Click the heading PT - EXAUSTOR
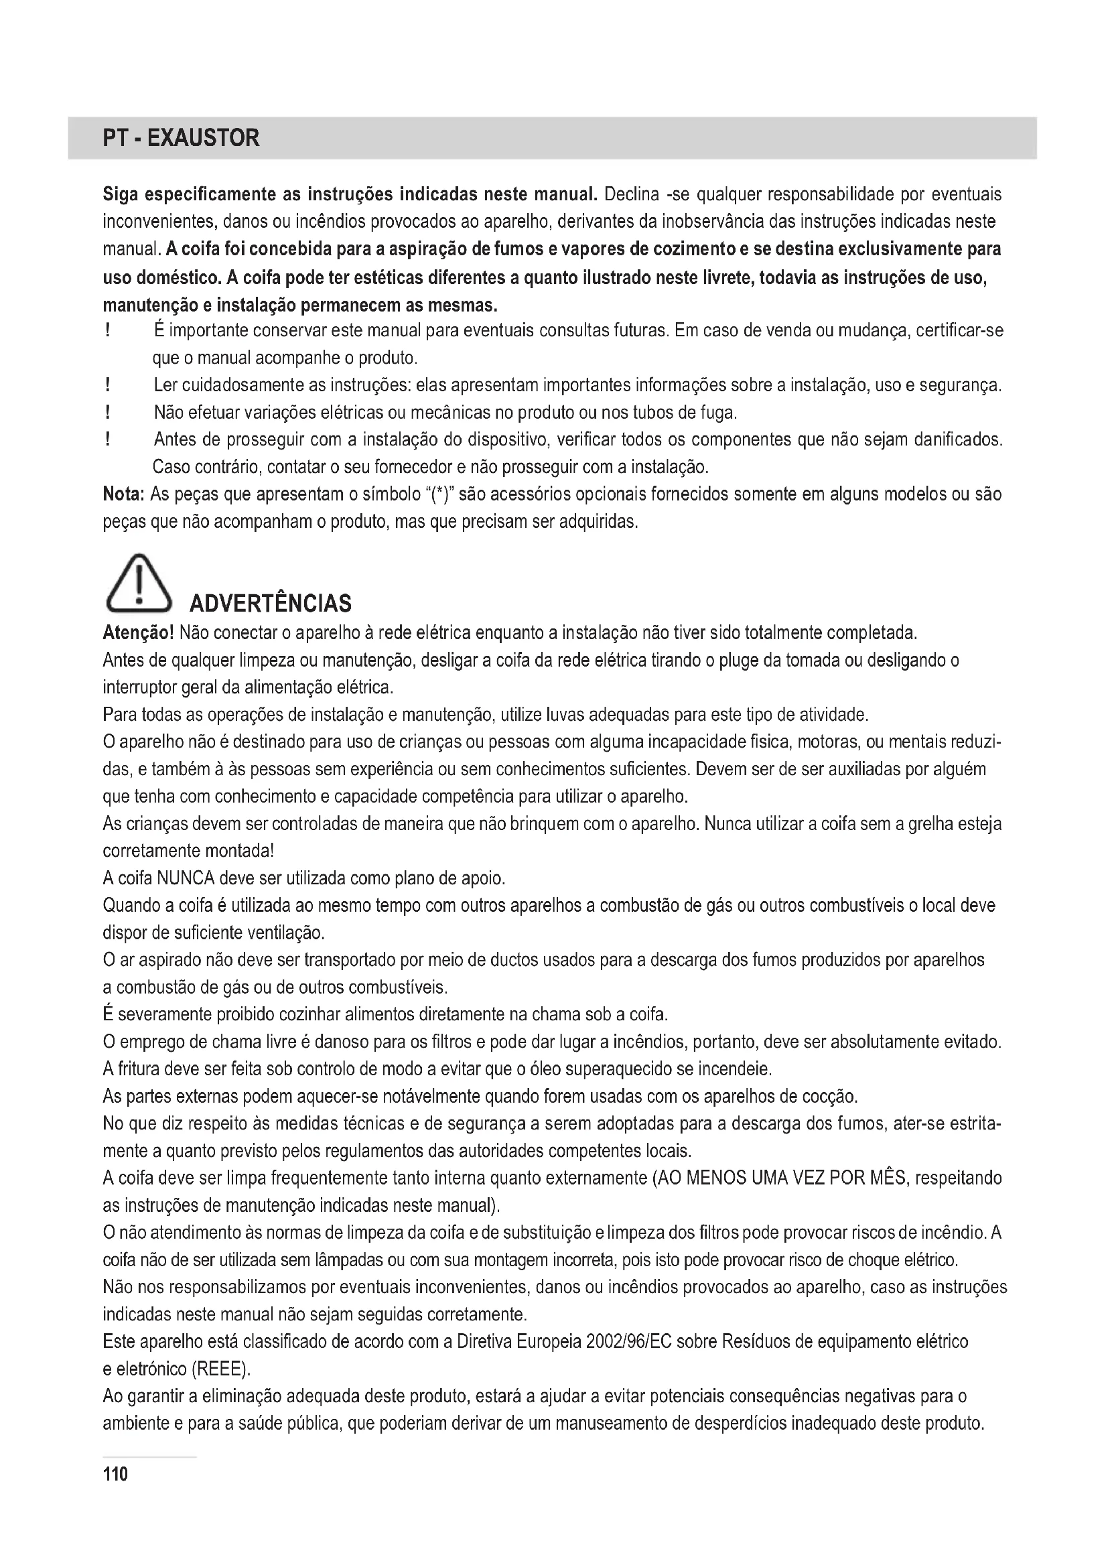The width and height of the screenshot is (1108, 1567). click(181, 139)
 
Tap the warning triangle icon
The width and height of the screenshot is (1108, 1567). click(139, 584)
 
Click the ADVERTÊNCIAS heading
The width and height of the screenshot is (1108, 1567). click(270, 604)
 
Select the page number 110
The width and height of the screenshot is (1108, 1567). click(115, 1474)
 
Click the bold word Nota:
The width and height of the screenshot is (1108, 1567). click(123, 494)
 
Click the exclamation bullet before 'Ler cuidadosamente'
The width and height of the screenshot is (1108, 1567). click(108, 386)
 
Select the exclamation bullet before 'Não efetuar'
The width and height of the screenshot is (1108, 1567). click(108, 413)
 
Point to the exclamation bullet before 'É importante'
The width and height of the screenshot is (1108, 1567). click(108, 331)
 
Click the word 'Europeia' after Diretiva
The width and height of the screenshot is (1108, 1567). click(548, 1342)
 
